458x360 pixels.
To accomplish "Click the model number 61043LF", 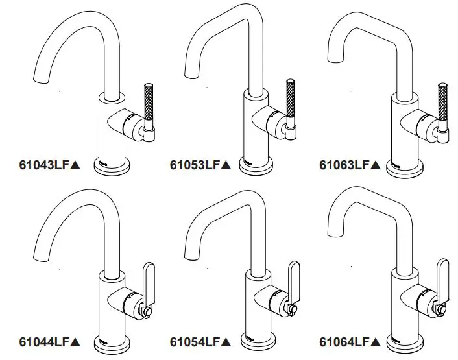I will [44, 165].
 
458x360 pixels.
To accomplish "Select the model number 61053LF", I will [195, 165].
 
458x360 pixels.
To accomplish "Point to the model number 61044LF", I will [44, 341].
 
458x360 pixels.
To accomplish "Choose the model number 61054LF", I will [195, 341].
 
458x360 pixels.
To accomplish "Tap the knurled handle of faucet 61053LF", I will [291, 101].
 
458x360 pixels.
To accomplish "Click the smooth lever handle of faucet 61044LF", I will [149, 280].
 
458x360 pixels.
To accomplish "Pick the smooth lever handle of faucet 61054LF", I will [295, 280].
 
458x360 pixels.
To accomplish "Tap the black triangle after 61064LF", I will [375, 341].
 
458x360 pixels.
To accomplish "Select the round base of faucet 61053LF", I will [257, 167].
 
